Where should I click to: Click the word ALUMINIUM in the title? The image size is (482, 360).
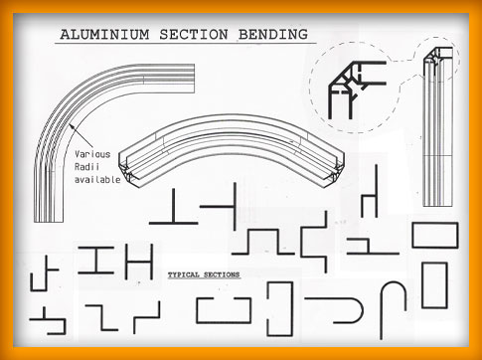point(104,35)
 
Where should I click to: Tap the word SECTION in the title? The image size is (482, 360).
point(194,35)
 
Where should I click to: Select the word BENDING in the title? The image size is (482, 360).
point(273,35)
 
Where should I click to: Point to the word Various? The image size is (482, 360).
point(92,154)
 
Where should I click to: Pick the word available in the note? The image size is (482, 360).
point(97,180)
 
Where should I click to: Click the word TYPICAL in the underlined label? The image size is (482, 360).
point(184,274)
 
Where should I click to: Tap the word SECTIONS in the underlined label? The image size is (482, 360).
point(222,274)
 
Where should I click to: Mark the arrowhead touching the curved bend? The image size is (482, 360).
point(72,127)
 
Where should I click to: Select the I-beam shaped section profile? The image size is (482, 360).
point(96,261)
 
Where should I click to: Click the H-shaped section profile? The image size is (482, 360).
point(139,262)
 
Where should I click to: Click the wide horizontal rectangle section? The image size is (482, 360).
point(435,224)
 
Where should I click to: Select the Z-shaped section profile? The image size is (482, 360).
point(101,318)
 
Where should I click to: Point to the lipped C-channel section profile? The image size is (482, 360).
point(224,321)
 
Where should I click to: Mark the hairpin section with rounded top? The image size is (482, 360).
point(394,282)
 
